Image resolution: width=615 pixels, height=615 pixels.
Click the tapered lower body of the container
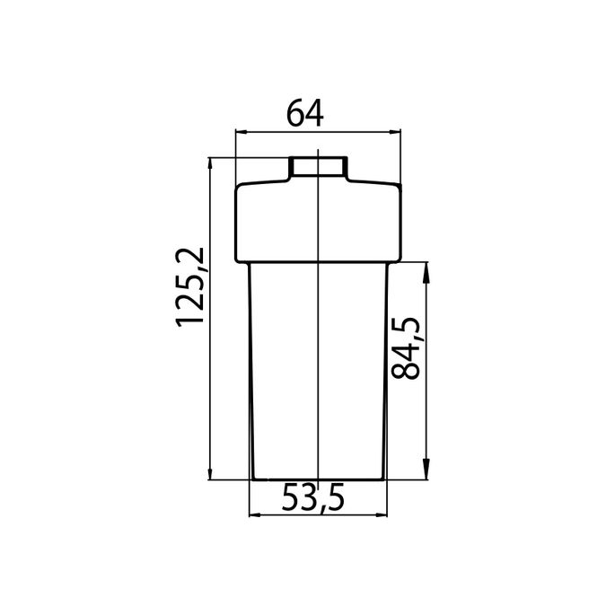pos(319,377)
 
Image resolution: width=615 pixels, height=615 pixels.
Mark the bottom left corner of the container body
pos(255,478)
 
